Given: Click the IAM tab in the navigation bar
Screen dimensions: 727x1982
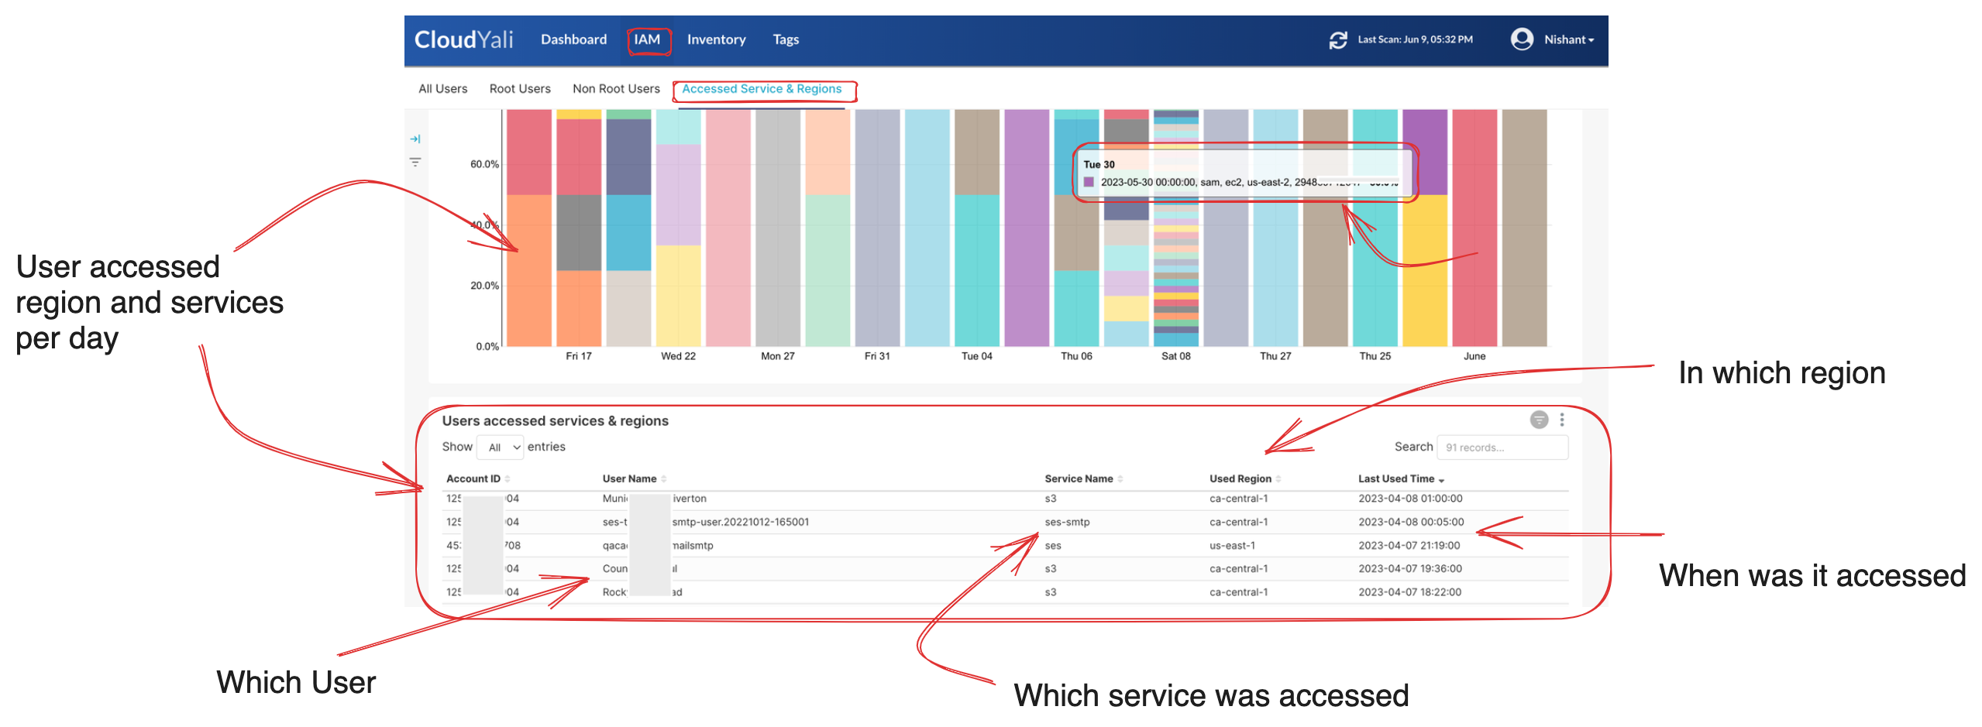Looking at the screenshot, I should (647, 39).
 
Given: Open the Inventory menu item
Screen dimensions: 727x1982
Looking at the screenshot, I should (716, 39).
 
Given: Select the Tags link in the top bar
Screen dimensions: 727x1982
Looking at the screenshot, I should (786, 39).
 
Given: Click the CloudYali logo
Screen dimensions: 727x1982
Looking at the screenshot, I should (463, 39).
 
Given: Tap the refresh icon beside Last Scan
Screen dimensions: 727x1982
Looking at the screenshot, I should (1337, 39).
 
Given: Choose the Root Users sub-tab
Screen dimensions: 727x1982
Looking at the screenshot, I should (520, 89).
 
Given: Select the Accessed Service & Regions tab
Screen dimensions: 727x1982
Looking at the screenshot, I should (762, 89).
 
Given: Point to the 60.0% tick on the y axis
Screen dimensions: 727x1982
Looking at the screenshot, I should (484, 164).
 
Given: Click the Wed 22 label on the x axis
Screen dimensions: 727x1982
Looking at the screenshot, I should (678, 356).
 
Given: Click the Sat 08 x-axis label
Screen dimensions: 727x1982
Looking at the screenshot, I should (1175, 356).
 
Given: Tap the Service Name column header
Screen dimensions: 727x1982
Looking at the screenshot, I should (1079, 478).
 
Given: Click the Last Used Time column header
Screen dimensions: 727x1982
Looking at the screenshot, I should (1396, 478).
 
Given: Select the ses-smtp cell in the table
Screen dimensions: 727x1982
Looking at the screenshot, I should (1067, 522).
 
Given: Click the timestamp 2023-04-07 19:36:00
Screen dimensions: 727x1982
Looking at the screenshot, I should (1409, 568).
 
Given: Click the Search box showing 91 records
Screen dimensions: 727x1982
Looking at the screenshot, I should (1502, 448).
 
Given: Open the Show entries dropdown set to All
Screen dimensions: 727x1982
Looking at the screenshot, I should (501, 448).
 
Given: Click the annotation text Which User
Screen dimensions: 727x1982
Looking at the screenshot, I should (296, 683).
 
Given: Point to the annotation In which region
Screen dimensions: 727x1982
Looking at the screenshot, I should (1781, 373).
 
